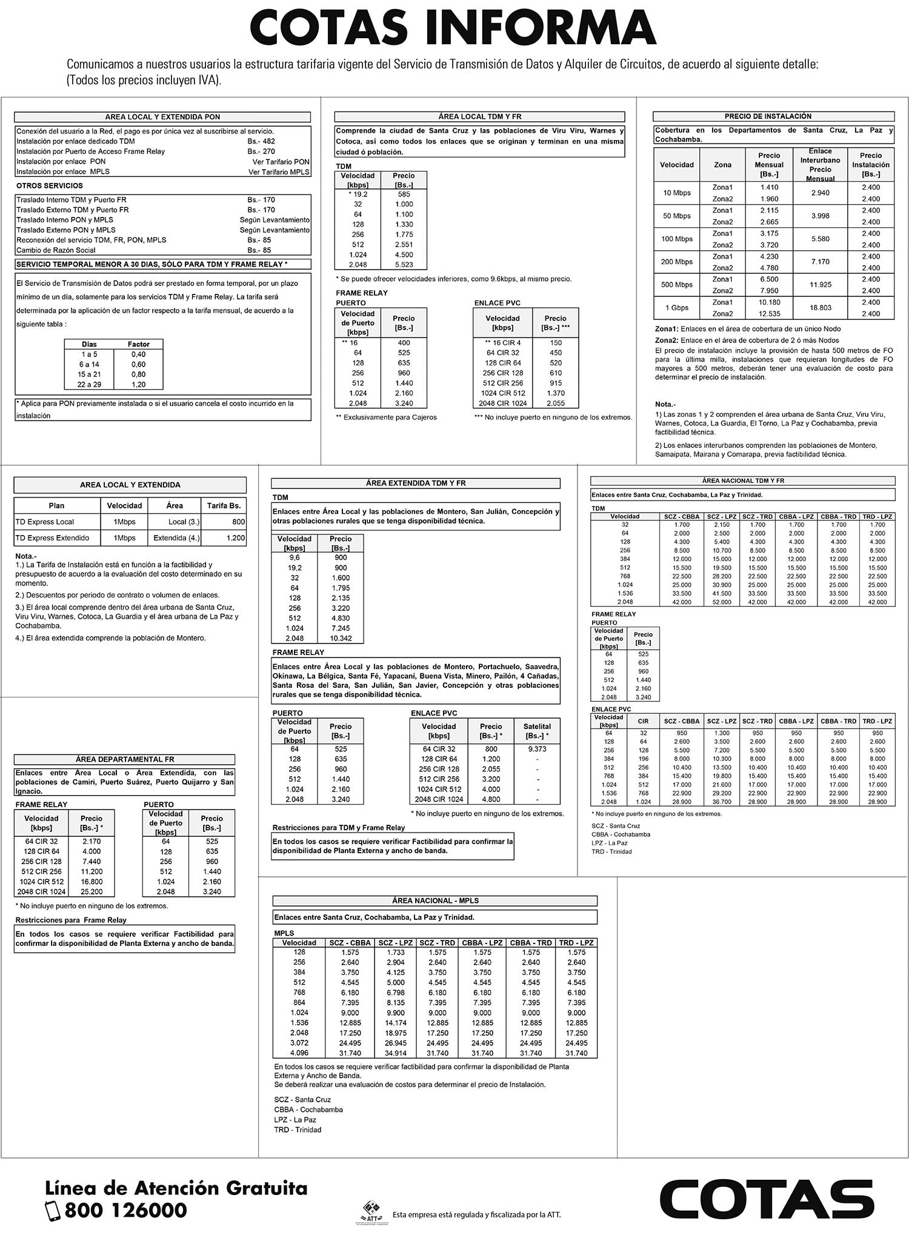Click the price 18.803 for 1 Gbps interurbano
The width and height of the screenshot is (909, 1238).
(x=820, y=308)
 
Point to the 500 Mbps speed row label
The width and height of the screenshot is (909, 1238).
(x=677, y=285)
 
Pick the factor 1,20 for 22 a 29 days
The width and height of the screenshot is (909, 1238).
(x=138, y=384)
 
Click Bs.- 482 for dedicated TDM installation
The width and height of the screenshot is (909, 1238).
(x=261, y=141)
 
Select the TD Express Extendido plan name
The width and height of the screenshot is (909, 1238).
(x=52, y=537)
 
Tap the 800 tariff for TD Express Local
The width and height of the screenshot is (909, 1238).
(x=238, y=522)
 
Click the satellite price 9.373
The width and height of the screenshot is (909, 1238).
(x=537, y=749)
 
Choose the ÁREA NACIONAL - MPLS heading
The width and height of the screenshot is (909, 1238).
(x=435, y=900)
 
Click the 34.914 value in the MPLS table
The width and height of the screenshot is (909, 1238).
(x=396, y=1053)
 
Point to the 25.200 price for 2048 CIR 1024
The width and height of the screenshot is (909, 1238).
(x=92, y=891)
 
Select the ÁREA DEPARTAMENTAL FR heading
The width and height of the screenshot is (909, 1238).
(x=124, y=759)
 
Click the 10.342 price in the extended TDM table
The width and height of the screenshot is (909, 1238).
(x=341, y=638)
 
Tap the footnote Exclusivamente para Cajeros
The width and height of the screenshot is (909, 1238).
(x=386, y=417)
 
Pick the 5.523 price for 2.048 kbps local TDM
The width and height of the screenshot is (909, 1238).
(x=404, y=265)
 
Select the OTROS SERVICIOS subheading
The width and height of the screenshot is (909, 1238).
(x=50, y=186)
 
